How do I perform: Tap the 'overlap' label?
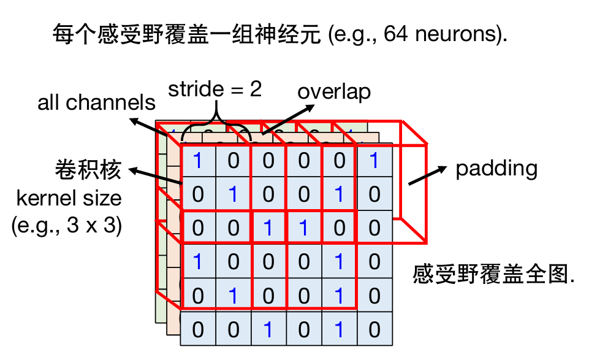coord(334,92)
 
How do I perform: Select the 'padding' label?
coord(496,169)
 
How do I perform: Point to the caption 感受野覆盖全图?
coord(494,274)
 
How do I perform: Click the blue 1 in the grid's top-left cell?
coord(197,161)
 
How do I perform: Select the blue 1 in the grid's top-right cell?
coord(374,161)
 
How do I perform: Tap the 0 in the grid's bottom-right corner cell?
coord(374,330)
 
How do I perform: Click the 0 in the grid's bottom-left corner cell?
coord(197,330)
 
